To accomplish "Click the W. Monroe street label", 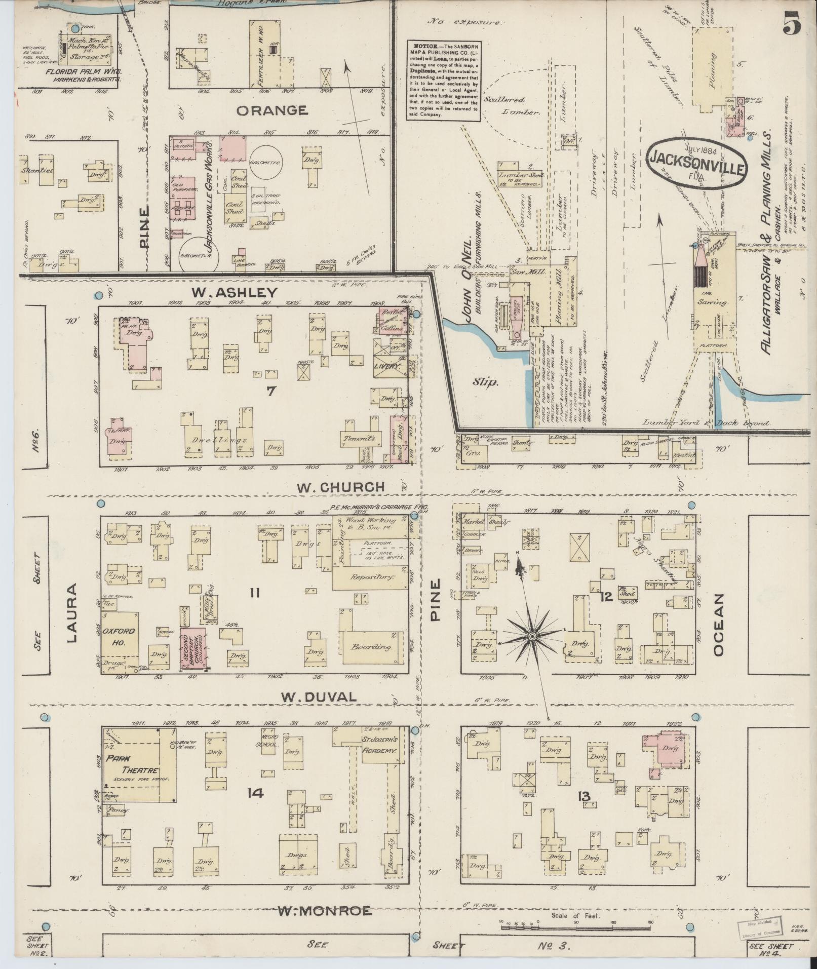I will [324, 911].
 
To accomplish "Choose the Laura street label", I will [71, 613].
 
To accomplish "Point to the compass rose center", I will [532, 635].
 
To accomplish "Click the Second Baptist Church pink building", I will [192, 649].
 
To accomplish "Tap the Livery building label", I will [387, 365].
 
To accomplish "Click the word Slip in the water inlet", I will [486, 382].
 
